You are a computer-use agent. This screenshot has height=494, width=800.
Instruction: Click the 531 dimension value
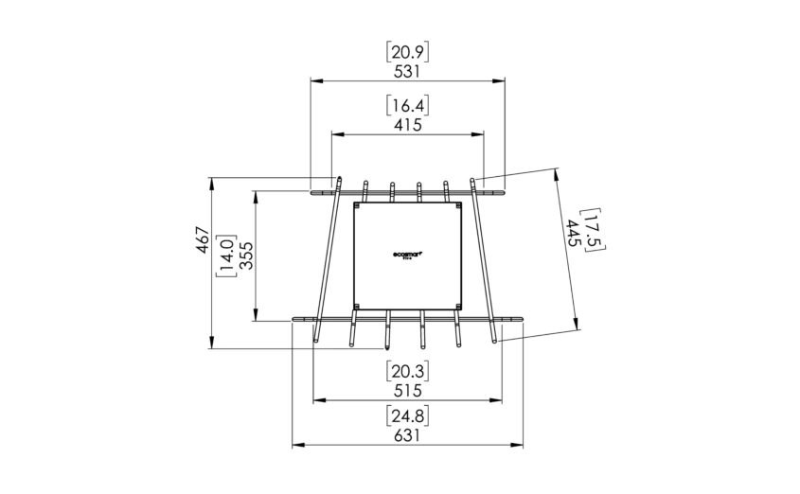click(x=408, y=70)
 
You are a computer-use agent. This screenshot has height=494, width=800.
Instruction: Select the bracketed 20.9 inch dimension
click(x=408, y=51)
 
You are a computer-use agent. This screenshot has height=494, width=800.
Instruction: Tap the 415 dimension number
click(x=408, y=124)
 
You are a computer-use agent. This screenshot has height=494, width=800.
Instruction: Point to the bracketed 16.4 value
click(x=408, y=105)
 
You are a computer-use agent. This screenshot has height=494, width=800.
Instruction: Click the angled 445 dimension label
click(x=573, y=235)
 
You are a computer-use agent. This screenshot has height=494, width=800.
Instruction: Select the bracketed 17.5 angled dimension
click(x=593, y=229)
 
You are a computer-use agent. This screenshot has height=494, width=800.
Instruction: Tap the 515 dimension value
click(x=408, y=389)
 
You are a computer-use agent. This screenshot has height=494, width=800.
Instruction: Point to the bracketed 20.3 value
click(x=408, y=370)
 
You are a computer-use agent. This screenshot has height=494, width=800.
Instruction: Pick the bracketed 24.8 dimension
click(x=408, y=415)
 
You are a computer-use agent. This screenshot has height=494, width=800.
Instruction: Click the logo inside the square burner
click(x=408, y=254)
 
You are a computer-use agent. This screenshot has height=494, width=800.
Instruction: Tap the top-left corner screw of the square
click(x=358, y=205)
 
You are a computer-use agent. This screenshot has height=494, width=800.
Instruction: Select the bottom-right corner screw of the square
click(x=458, y=306)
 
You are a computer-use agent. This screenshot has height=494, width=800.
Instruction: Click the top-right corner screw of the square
click(x=458, y=205)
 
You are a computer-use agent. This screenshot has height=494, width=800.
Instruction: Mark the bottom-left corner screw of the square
click(x=358, y=306)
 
